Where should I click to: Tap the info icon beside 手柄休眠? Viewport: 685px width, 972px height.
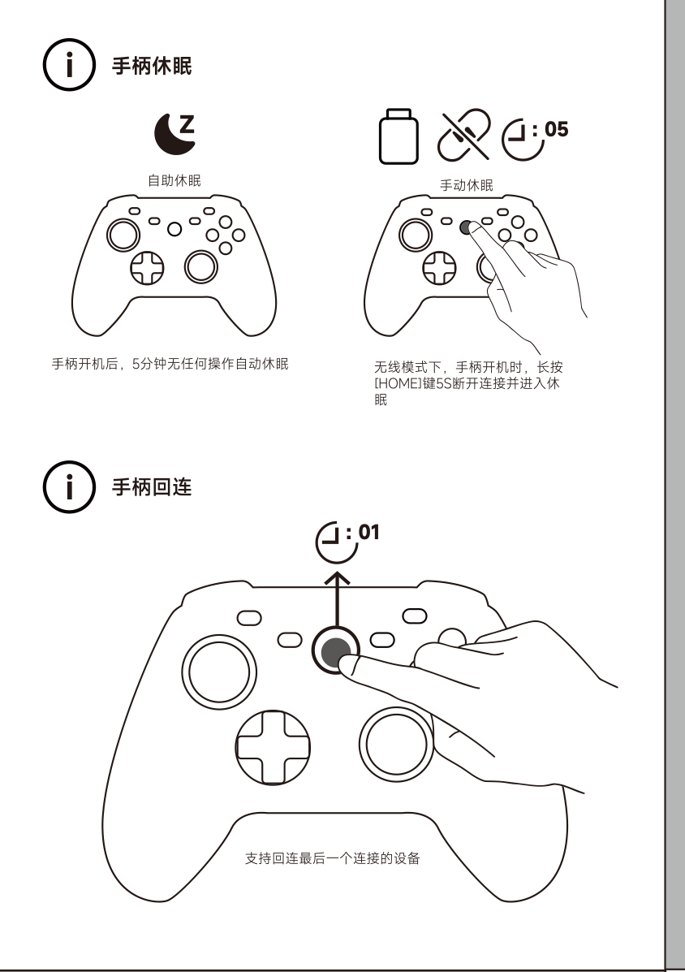(69, 64)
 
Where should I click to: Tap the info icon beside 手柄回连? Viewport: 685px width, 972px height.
(69, 486)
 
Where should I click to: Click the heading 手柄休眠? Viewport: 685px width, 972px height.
(152, 66)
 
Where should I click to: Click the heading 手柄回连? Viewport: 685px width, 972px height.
(152, 487)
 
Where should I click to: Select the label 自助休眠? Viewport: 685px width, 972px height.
(174, 180)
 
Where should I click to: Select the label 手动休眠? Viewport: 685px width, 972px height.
(467, 185)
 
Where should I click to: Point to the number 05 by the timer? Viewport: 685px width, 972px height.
(556, 130)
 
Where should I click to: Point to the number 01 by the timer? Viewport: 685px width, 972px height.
(369, 532)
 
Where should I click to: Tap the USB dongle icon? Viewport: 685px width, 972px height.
(399, 136)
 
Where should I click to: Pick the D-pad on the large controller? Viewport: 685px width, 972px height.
(273, 748)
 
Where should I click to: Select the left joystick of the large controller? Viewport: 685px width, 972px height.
(219, 672)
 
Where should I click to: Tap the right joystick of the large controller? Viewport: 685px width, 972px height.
(396, 745)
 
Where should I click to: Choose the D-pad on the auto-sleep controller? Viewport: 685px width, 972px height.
(148, 268)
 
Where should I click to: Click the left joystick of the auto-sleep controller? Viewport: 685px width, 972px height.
(123, 235)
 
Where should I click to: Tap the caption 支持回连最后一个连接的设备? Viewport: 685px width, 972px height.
(333, 858)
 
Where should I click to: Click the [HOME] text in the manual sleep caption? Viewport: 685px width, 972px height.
(398, 384)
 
